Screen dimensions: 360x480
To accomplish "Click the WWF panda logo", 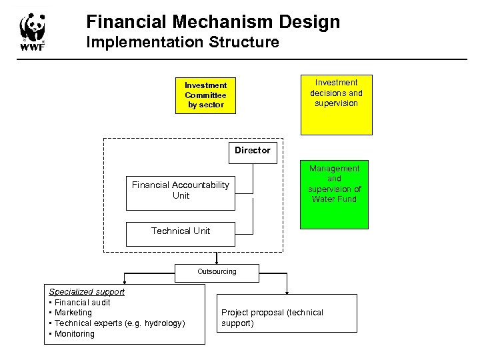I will (x=33, y=31).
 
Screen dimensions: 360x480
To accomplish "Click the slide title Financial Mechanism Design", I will (x=213, y=22).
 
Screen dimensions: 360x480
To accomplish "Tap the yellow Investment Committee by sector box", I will (x=205, y=95).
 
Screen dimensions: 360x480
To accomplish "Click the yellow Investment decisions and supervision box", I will (x=336, y=105).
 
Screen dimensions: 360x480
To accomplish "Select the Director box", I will (x=252, y=151).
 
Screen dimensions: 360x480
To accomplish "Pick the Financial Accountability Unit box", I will (x=180, y=191).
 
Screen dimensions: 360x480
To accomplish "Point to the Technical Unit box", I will (x=180, y=231).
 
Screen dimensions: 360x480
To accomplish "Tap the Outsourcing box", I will (x=216, y=272).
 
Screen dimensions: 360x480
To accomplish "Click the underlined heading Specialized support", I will (x=87, y=291).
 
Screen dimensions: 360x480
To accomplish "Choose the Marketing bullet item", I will (x=73, y=313).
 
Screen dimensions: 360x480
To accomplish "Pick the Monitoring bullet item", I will (x=74, y=334).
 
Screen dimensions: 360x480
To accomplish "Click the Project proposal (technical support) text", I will (x=272, y=318).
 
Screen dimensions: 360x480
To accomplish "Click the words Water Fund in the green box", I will (x=334, y=199).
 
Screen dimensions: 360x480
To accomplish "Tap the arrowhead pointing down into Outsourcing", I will (x=216, y=263).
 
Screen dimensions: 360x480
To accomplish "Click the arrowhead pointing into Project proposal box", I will (x=287, y=291).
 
